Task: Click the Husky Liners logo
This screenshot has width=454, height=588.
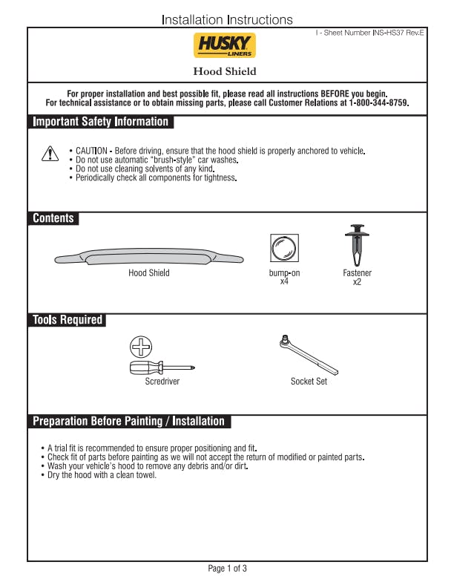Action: click(x=225, y=45)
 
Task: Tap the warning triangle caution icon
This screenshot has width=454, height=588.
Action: click(x=49, y=154)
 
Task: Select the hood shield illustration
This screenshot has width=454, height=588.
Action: click(x=149, y=258)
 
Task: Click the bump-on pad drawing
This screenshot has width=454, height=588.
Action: click(x=284, y=248)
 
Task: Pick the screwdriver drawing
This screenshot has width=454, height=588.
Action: click(x=162, y=367)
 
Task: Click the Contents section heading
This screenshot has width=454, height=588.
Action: click(x=53, y=218)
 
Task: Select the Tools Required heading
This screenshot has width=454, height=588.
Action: click(x=67, y=320)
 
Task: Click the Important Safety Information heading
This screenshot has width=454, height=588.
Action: click(x=101, y=122)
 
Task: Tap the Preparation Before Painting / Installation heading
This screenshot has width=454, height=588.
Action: click(x=128, y=422)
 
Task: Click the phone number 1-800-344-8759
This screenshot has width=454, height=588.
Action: click(x=372, y=103)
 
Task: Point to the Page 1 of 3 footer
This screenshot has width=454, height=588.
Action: click(x=227, y=569)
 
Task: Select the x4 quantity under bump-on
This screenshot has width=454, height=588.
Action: click(x=284, y=282)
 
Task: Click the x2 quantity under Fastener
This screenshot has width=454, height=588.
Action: click(x=357, y=282)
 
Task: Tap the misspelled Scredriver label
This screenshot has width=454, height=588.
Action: click(x=162, y=382)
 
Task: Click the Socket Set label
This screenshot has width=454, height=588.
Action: click(x=309, y=382)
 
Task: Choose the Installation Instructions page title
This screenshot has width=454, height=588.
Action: click(x=227, y=20)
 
